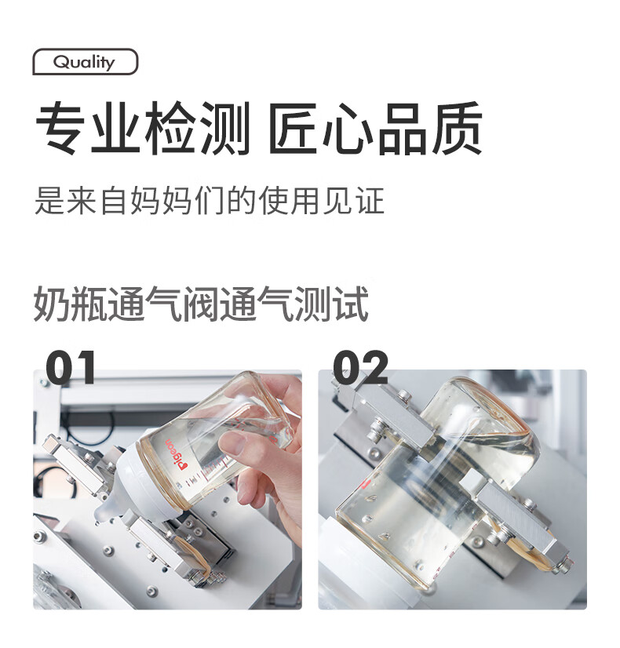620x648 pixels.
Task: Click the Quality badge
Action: click(x=85, y=61)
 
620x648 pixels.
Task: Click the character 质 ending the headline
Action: click(x=457, y=128)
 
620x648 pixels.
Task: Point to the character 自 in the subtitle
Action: click(x=113, y=201)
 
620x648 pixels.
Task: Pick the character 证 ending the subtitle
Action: click(x=370, y=201)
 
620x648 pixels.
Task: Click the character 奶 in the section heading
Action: click(x=51, y=304)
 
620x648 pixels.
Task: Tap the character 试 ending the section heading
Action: click(x=351, y=304)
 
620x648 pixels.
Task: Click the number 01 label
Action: click(x=71, y=367)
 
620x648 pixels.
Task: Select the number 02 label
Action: click(x=360, y=367)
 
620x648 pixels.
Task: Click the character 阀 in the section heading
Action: click(x=200, y=304)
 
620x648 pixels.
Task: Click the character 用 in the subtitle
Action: click(x=306, y=201)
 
